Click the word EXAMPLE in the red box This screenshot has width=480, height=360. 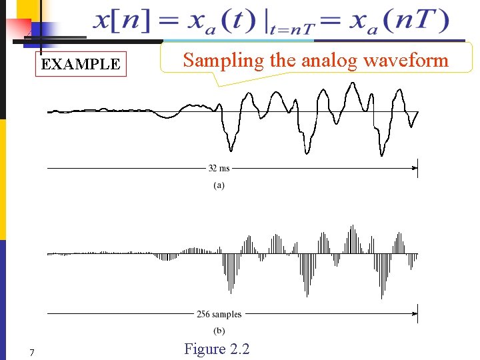click(81, 65)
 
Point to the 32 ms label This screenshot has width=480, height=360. click(219, 169)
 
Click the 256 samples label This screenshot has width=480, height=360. click(219, 314)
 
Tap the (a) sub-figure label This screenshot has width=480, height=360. click(219, 185)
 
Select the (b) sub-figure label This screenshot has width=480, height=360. click(219, 331)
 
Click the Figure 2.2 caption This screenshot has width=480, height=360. click(217, 349)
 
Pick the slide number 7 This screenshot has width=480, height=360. click(31, 352)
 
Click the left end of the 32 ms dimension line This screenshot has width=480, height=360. click(49, 169)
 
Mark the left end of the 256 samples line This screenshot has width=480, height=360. click(49, 314)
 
